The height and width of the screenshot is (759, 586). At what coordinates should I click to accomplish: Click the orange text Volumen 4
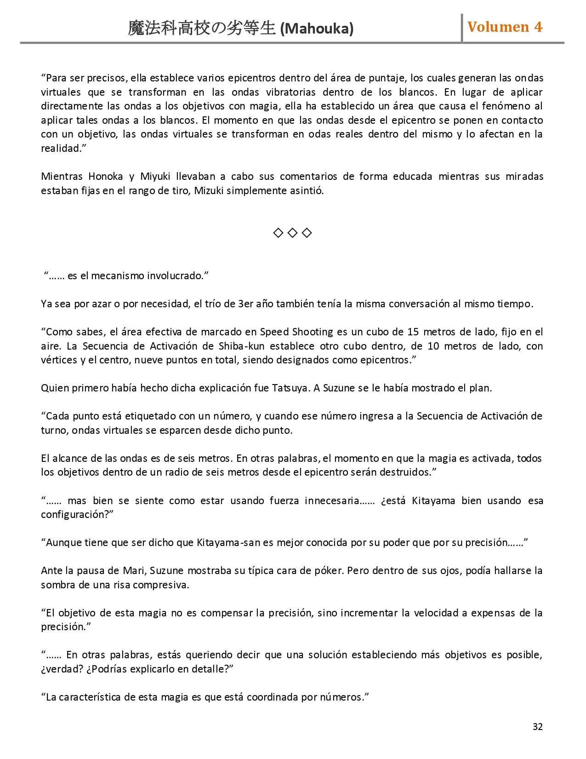click(505, 27)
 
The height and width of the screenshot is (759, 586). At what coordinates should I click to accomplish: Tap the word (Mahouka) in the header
click(317, 29)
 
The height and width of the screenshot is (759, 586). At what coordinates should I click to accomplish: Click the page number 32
click(537, 726)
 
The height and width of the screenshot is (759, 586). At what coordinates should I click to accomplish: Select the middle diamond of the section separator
click(292, 233)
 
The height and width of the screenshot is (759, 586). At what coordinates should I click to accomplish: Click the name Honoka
click(105, 177)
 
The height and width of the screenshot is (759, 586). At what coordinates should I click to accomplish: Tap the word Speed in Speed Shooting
click(274, 332)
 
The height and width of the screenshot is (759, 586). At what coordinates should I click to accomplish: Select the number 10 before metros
click(432, 346)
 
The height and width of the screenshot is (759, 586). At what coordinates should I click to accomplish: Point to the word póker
click(328, 571)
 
